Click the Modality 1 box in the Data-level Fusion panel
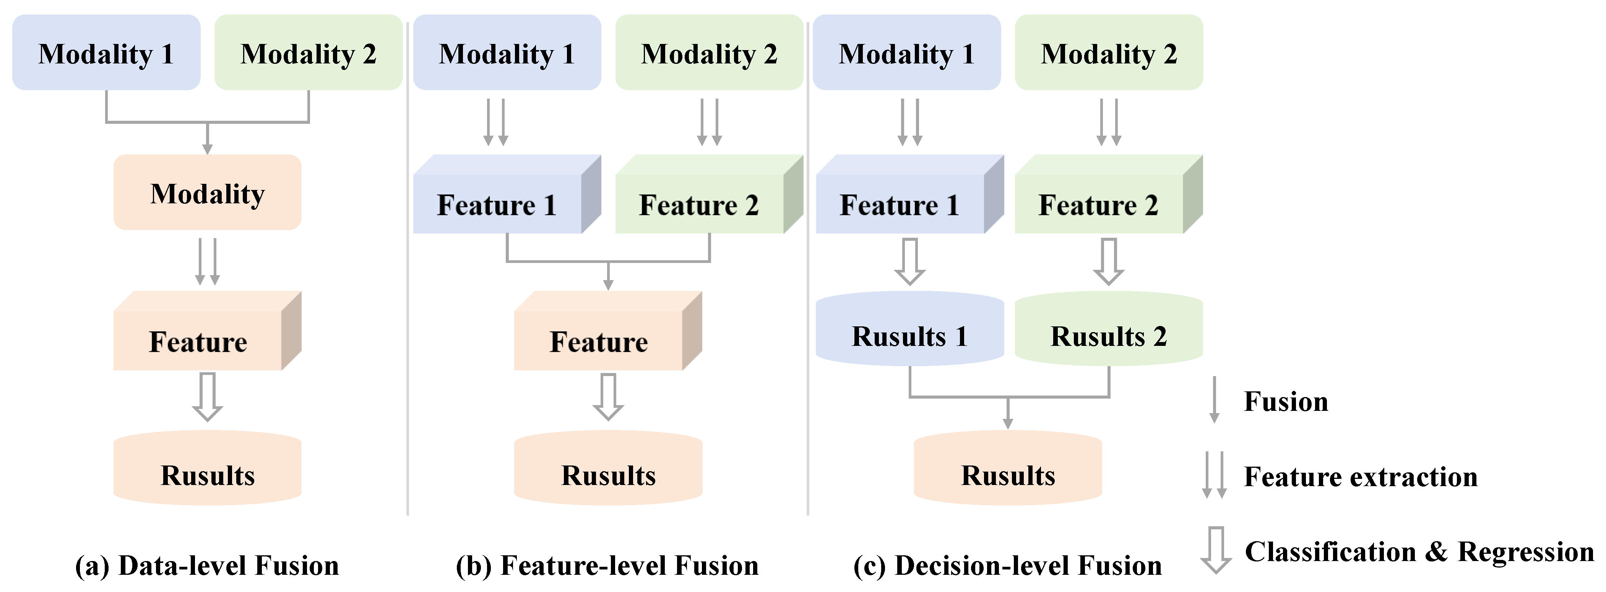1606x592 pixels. click(x=106, y=53)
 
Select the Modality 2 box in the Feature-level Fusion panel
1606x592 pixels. click(x=709, y=53)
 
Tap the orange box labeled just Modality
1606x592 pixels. click(x=207, y=193)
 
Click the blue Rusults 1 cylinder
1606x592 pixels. click(x=909, y=330)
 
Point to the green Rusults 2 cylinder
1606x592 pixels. click(x=1109, y=330)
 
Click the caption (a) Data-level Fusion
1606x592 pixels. click(x=207, y=565)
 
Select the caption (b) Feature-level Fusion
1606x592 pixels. click(x=607, y=565)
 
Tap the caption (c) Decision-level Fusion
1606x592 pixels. click(x=1007, y=565)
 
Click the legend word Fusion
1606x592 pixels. click(x=1286, y=401)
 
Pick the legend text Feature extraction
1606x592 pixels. click(x=1360, y=477)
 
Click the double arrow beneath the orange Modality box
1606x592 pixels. click(x=207, y=262)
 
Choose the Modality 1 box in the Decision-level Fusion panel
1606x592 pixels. click(x=906, y=53)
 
